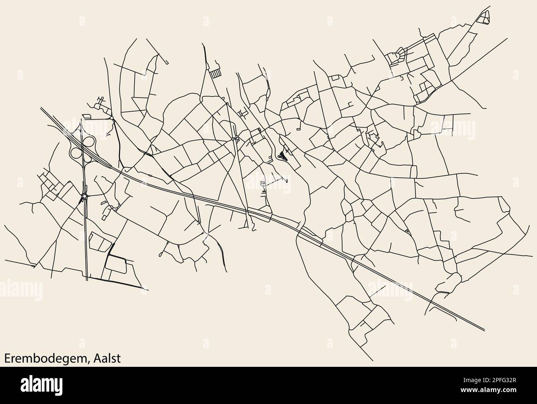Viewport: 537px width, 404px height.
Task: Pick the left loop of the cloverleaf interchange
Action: pyautogui.click(x=76, y=153)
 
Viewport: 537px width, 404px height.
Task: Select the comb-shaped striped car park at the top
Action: pyautogui.click(x=215, y=74)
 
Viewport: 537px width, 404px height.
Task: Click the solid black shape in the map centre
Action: pyautogui.click(x=283, y=156)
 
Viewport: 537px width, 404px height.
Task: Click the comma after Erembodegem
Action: pyautogui.click(x=89, y=361)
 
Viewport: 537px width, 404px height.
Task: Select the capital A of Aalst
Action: pyautogui.click(x=96, y=358)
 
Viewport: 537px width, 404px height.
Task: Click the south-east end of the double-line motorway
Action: pyautogui.click(x=483, y=329)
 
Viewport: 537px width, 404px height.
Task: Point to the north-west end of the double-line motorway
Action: pyautogui.click(x=41, y=109)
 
